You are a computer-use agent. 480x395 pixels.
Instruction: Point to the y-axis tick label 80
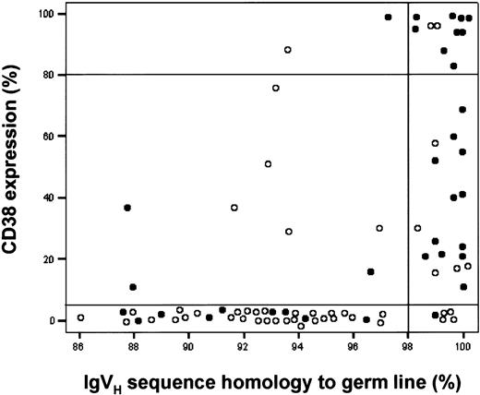point(57,75)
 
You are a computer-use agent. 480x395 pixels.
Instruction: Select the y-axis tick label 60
point(57,136)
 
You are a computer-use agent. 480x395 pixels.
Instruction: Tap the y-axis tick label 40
point(57,197)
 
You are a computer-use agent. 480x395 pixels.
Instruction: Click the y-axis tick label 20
point(57,259)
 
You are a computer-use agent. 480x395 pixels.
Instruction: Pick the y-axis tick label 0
point(60,320)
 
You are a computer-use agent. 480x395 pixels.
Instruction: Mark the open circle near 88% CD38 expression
point(288,50)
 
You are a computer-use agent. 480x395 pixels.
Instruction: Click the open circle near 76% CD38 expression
point(276,88)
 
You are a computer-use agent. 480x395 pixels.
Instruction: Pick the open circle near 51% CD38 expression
point(268,164)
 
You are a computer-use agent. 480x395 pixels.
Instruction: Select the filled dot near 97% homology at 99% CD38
point(388,17)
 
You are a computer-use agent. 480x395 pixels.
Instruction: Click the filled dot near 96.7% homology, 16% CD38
point(370,272)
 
